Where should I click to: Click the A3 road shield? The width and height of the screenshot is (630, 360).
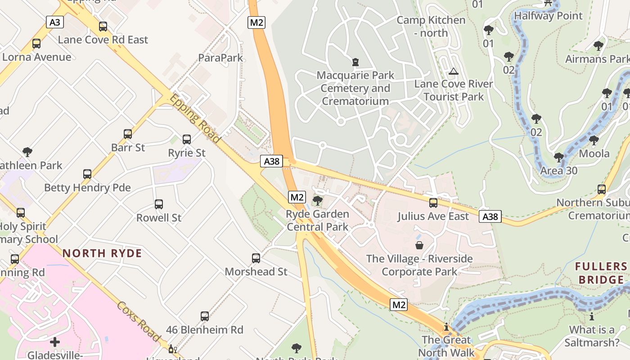pos(54,22)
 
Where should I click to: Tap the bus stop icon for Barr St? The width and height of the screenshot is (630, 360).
pos(128,134)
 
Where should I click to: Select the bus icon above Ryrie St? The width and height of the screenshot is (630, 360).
pos(186,139)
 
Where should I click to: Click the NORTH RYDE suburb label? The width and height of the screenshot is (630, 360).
pos(102,253)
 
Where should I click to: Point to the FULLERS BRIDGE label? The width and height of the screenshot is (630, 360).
pos(601,273)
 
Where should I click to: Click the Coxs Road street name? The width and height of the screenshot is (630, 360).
pos(139,321)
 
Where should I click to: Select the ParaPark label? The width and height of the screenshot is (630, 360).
pos(220,58)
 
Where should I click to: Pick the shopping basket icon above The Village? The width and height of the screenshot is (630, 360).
pos(419,245)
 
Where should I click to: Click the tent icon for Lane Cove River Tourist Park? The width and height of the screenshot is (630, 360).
pos(453,71)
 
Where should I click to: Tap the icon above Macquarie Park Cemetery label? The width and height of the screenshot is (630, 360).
pos(355,62)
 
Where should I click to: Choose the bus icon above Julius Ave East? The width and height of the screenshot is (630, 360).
pos(433,203)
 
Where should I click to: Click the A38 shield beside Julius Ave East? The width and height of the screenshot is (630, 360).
pos(490,216)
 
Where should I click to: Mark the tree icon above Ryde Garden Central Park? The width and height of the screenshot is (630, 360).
pos(317,200)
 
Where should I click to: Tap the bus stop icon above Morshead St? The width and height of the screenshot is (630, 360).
pos(256,258)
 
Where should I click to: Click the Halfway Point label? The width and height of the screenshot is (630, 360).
pos(548,16)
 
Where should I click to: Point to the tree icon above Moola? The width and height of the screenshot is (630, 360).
pos(594,140)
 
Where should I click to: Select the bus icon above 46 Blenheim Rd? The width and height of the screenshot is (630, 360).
pos(205,316)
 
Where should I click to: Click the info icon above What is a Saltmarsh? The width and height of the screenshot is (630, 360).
pos(591,316)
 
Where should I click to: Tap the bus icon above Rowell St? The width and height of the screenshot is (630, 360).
pos(158,204)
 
